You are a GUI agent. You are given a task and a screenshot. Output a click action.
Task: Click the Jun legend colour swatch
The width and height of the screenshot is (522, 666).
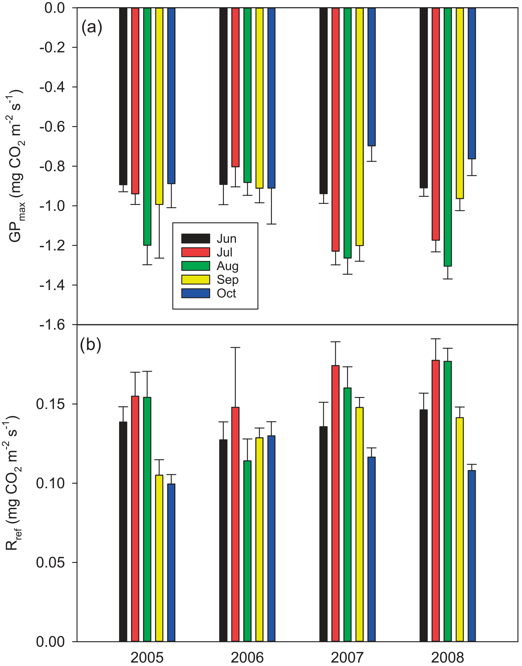click(x=195, y=239)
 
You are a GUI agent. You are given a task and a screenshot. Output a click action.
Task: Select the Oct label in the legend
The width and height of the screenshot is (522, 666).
click(x=227, y=293)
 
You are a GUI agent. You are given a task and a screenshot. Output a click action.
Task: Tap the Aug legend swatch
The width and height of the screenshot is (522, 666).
click(x=195, y=266)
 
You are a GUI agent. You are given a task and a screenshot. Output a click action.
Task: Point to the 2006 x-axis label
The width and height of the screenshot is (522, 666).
click(x=247, y=657)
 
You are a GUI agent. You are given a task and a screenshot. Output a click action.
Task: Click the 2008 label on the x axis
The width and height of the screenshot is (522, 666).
click(x=447, y=657)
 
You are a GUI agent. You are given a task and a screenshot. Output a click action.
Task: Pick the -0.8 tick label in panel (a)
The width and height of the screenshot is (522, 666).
click(x=52, y=166)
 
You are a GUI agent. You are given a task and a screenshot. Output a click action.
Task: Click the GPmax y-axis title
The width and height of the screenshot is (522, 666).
click(x=15, y=166)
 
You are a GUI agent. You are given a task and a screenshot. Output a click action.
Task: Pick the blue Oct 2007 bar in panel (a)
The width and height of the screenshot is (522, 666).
click(x=372, y=76)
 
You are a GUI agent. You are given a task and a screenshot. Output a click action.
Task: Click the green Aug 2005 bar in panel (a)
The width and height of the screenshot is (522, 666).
click(x=147, y=125)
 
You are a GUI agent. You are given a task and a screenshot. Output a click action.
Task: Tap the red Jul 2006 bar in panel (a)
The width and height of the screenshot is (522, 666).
click(x=235, y=87)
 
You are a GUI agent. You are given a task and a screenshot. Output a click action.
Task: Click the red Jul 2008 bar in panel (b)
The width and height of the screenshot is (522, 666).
click(x=435, y=501)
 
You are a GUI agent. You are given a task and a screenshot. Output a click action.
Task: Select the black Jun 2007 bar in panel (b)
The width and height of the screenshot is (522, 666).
click(x=323, y=534)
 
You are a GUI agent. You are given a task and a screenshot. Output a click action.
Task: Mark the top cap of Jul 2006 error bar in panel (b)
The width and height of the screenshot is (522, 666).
click(x=235, y=347)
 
